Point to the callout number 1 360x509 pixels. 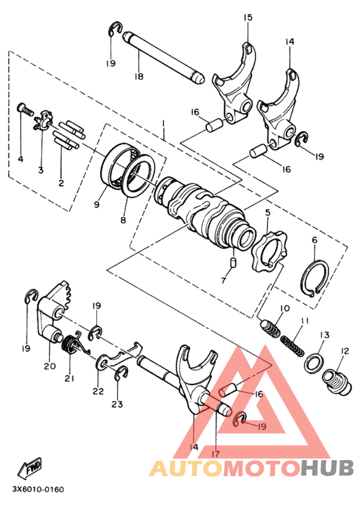[164, 122]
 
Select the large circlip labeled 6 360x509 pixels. [316, 277]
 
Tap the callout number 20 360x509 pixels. [50, 366]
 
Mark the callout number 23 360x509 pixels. [116, 404]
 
